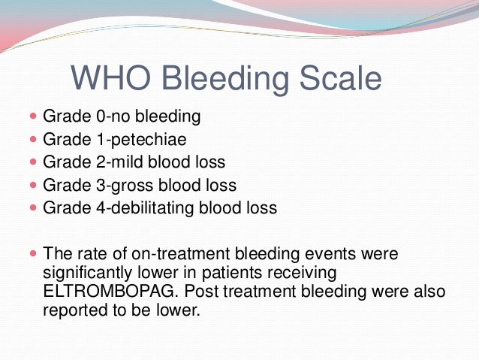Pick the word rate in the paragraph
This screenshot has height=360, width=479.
tap(87, 253)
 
